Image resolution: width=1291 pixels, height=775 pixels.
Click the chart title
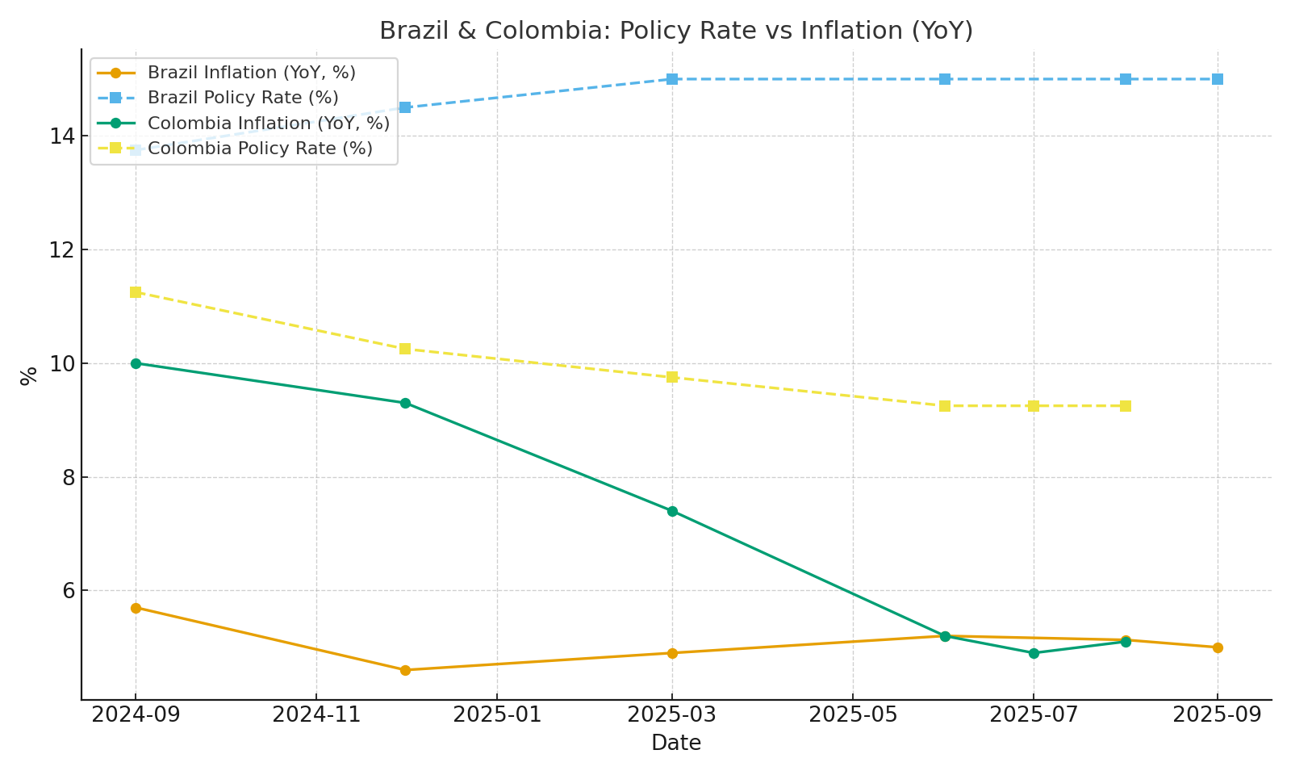pos(676,31)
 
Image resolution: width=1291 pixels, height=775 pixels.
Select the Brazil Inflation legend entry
pos(251,73)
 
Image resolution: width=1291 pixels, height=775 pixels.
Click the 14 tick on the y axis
pos(62,136)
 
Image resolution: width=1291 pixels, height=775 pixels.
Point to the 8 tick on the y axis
pos(67,478)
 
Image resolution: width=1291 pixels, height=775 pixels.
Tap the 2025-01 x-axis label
pos(496,715)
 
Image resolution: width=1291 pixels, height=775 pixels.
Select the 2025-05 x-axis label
pos(852,715)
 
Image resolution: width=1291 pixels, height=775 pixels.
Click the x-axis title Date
pos(676,744)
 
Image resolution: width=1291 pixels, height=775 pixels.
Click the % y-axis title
pos(29,375)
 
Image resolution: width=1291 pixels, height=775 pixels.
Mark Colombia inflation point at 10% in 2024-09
pos(136,363)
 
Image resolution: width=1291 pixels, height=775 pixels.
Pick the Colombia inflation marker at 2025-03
pos(672,511)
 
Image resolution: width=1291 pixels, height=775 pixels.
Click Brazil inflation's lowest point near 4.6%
pos(405,670)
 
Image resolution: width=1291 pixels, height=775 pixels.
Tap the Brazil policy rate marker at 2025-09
pos(1218,79)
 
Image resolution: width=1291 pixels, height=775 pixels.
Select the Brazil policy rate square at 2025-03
pos(672,79)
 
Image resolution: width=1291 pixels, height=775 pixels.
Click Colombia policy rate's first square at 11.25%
pos(136,292)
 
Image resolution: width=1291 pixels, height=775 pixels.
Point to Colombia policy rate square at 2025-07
pos(1034,406)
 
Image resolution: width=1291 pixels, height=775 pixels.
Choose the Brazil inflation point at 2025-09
pos(1218,647)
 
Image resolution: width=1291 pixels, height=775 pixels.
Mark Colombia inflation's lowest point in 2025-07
pos(1034,653)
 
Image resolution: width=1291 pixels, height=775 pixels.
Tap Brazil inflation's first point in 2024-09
pos(136,608)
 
